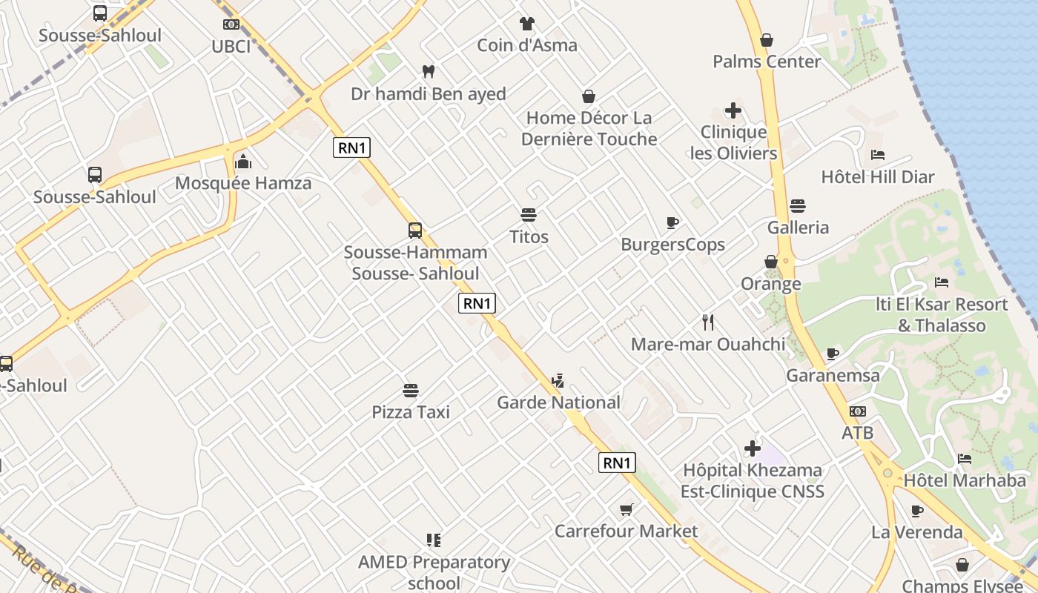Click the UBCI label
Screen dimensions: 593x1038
231,46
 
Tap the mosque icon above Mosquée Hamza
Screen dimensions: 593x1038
243,161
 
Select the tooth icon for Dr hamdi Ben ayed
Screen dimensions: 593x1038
428,72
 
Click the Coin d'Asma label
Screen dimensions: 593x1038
526,45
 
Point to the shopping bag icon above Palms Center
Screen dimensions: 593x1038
767,40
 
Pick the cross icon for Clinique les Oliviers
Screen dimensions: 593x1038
733,111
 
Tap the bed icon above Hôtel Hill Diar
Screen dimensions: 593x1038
878,155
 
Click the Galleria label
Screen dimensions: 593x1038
798,228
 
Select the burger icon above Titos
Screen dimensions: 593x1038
529,215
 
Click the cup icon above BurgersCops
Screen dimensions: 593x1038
672,222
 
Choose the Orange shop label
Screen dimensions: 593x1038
771,284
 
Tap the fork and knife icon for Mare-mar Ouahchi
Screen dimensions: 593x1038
708,322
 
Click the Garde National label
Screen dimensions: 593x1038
558,402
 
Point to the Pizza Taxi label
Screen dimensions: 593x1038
411,412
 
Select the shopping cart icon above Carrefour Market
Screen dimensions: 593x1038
627,509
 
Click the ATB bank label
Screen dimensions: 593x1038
857,433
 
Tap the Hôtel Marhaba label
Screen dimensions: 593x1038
964,480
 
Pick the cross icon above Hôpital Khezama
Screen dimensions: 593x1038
753,448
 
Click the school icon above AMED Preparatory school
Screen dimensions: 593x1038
434,540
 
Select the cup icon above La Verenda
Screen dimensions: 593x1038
917,511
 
